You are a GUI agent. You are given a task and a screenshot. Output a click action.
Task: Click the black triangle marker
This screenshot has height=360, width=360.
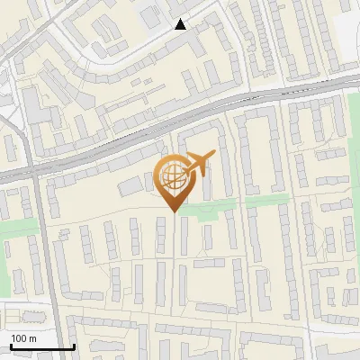point(181,24)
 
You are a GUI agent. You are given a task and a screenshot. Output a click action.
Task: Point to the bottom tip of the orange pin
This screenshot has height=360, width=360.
point(174,212)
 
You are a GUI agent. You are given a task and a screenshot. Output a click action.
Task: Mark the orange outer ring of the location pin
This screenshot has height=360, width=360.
point(158,178)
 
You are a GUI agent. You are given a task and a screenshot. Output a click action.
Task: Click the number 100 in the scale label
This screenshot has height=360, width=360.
point(20,337)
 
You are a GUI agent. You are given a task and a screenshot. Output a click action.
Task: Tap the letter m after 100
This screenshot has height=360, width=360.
point(33,337)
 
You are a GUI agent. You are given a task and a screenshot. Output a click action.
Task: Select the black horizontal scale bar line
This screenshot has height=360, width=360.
point(42,346)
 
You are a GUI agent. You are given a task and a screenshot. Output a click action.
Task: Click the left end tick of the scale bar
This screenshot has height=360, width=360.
point(11,345)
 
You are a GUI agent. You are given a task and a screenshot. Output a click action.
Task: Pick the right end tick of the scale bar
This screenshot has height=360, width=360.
point(74,345)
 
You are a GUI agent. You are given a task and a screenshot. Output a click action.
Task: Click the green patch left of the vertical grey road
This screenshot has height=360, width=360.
point(16,229)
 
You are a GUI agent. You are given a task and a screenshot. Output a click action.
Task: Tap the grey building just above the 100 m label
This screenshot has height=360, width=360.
point(25,318)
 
